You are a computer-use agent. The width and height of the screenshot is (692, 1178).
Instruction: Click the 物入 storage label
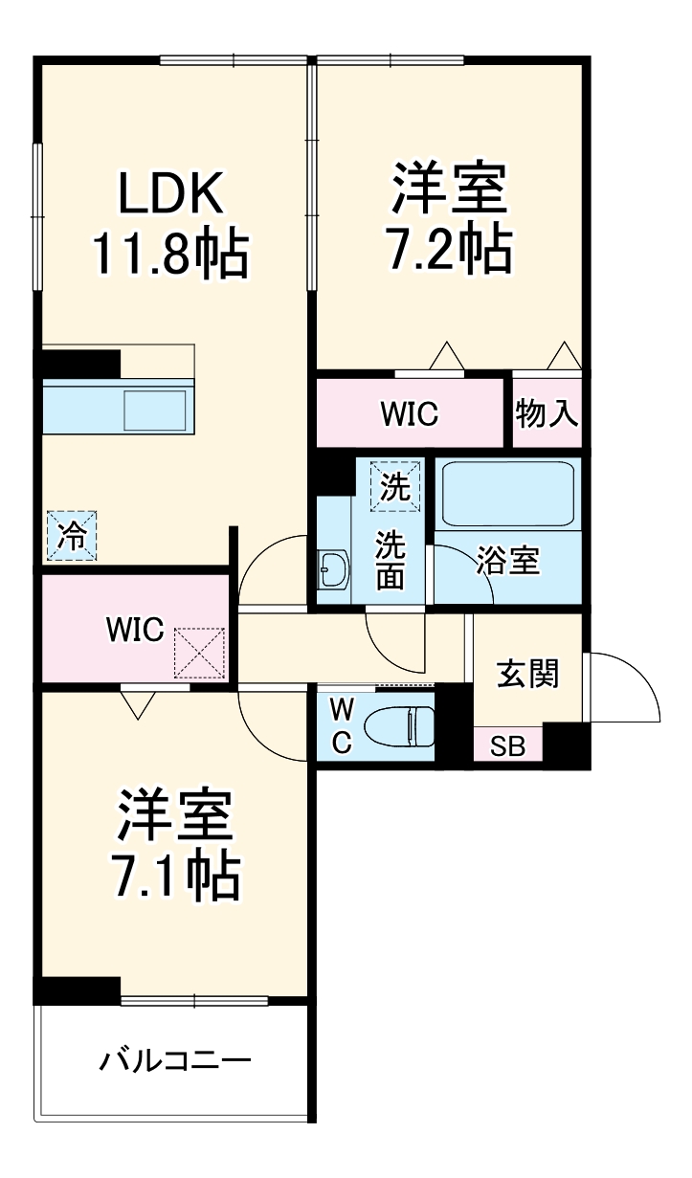tap(547, 413)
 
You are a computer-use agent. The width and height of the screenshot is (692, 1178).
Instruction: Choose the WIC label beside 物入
tap(409, 414)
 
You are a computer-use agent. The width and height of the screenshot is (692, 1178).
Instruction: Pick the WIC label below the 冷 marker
tap(135, 631)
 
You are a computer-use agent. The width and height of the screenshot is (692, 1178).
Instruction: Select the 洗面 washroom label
tap(390, 561)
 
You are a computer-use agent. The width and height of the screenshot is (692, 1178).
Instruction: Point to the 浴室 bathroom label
tap(508, 561)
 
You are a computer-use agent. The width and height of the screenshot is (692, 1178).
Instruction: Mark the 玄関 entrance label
tap(527, 674)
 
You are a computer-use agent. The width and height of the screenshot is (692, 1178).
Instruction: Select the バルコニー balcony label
tap(175, 1061)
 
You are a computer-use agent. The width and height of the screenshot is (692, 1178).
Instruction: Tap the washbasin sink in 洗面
tap(332, 570)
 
